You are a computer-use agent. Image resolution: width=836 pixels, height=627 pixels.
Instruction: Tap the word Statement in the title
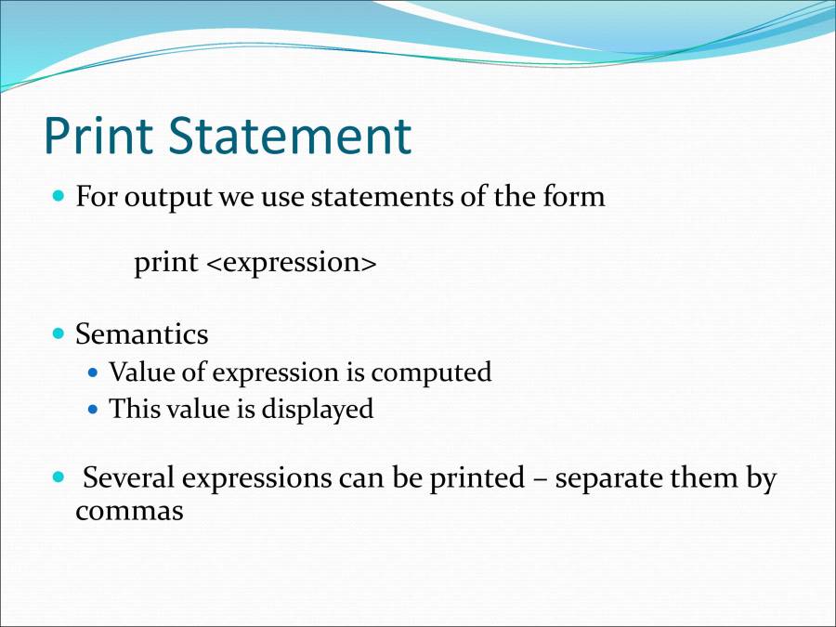click(x=289, y=136)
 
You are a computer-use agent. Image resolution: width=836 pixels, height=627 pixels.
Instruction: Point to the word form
click(x=573, y=197)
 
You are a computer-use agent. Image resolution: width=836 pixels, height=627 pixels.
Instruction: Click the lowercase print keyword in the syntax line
click(x=165, y=264)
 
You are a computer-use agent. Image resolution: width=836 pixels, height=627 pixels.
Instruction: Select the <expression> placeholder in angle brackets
click(x=291, y=264)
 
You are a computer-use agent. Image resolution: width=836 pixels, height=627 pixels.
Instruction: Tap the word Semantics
click(x=141, y=333)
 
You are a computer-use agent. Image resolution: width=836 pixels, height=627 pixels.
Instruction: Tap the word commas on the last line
click(x=129, y=511)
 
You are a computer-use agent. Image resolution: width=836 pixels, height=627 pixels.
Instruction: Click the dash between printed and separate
click(x=540, y=480)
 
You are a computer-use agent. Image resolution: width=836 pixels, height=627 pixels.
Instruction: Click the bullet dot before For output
click(x=59, y=197)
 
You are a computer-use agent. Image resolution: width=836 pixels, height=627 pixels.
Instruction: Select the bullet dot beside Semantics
click(x=59, y=333)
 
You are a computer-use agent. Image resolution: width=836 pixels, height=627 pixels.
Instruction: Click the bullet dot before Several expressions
click(x=59, y=478)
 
